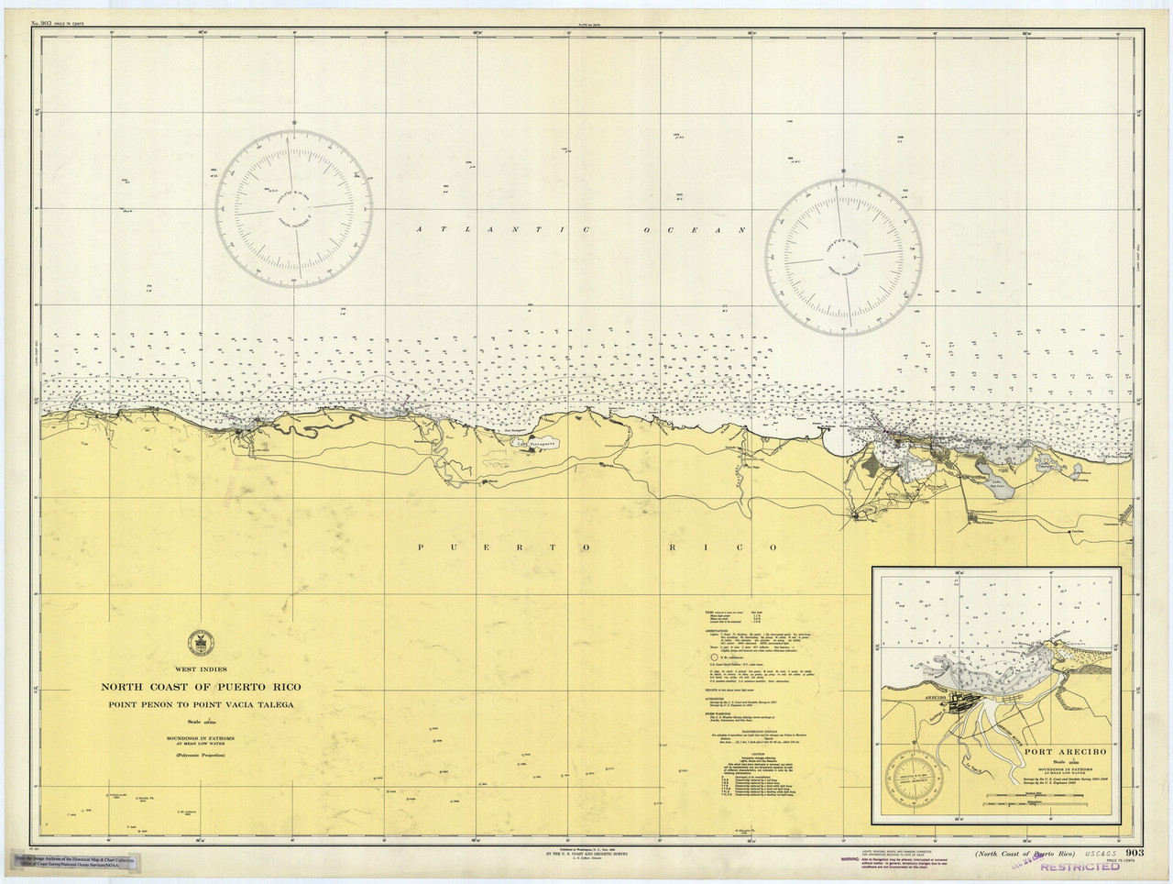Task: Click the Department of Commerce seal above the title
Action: tap(197, 641)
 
